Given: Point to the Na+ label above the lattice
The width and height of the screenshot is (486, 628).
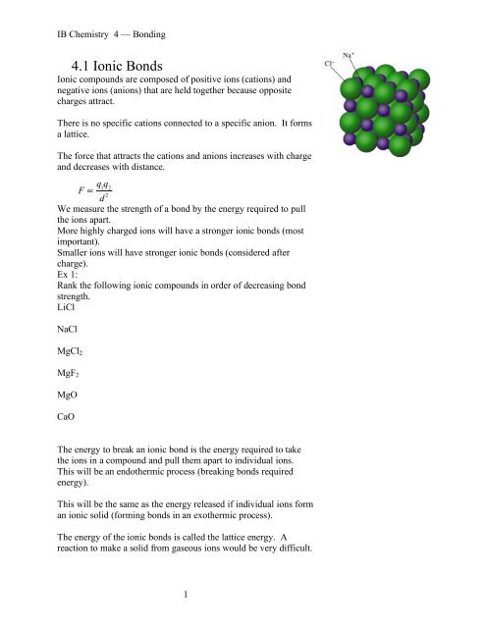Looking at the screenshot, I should pos(349,55).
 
